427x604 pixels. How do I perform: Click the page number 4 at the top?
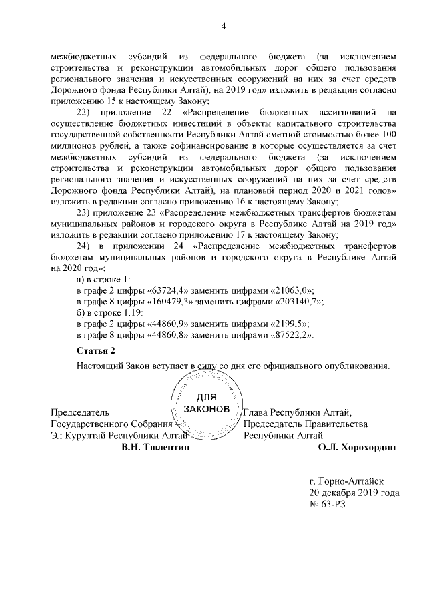tap(224, 26)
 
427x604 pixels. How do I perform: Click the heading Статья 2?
tap(96, 350)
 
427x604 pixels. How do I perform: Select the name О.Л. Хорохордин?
tap(358, 448)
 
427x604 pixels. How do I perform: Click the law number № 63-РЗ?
tap(328, 505)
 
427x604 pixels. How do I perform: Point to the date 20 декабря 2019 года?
tap(354, 493)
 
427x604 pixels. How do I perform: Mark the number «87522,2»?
tap(288, 336)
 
